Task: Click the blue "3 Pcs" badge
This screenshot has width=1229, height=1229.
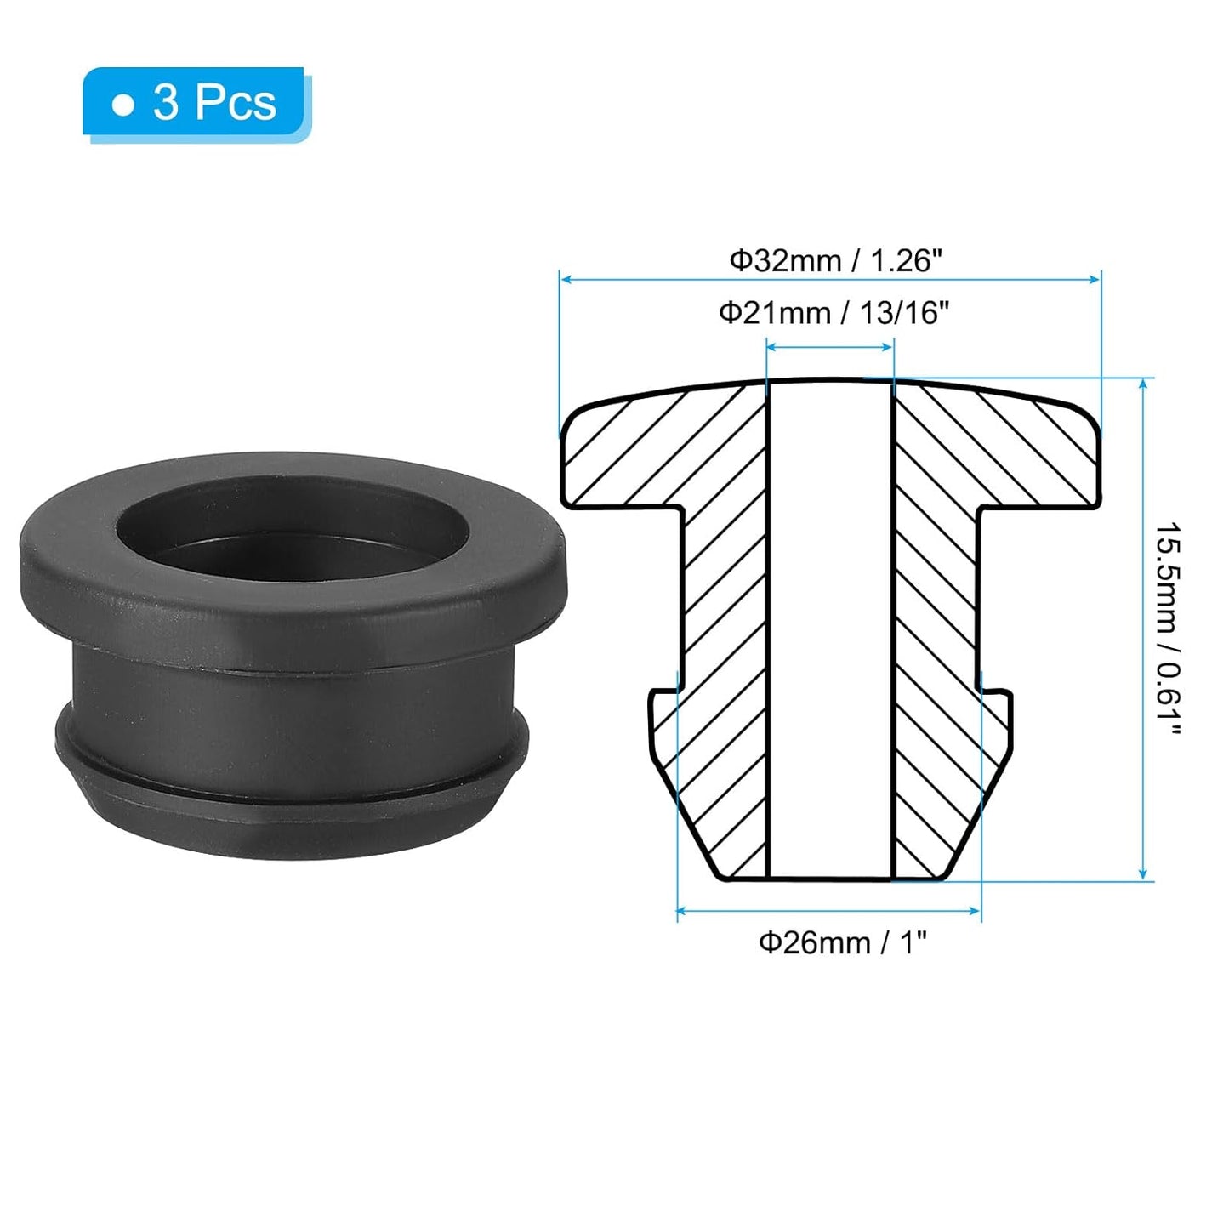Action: (195, 103)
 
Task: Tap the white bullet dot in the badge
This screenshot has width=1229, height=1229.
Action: (123, 105)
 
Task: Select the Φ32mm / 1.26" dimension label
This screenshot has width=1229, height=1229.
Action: (835, 260)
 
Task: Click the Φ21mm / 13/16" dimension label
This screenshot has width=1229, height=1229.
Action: (833, 313)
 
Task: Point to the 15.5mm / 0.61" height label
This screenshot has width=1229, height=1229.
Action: (1169, 629)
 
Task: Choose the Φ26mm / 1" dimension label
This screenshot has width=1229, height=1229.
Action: (841, 942)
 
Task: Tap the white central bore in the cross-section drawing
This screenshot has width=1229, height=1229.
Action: (830, 629)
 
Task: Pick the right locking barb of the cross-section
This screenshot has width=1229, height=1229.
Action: (997, 723)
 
